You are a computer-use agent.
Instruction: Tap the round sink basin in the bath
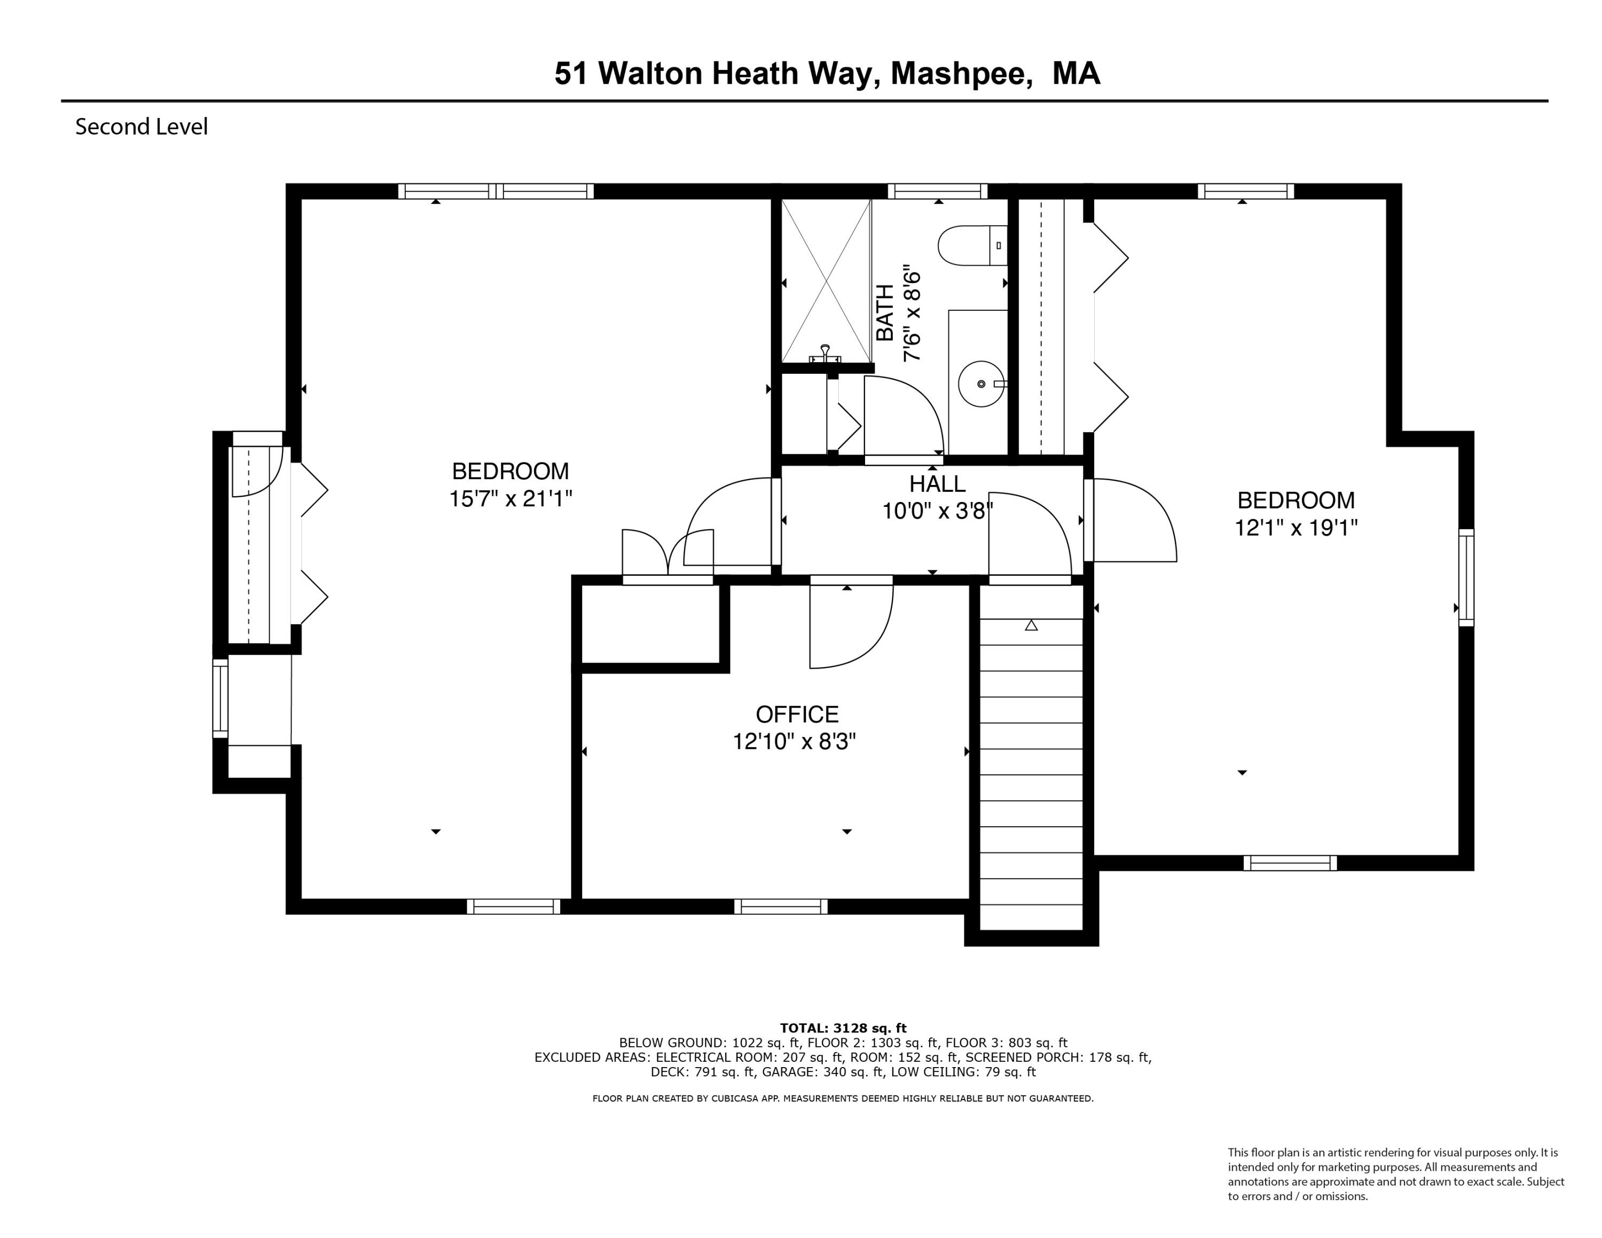(x=981, y=383)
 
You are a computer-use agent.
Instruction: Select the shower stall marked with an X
(x=826, y=281)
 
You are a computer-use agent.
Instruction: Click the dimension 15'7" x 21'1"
(x=510, y=499)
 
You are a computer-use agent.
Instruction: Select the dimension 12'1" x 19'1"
(x=1295, y=528)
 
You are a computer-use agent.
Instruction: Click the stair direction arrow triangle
(x=1031, y=625)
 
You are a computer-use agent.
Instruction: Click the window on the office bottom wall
(x=781, y=906)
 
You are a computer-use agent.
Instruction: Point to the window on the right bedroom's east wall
(x=1466, y=577)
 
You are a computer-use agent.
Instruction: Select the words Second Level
(x=142, y=127)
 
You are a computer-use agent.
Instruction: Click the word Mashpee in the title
(x=958, y=74)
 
